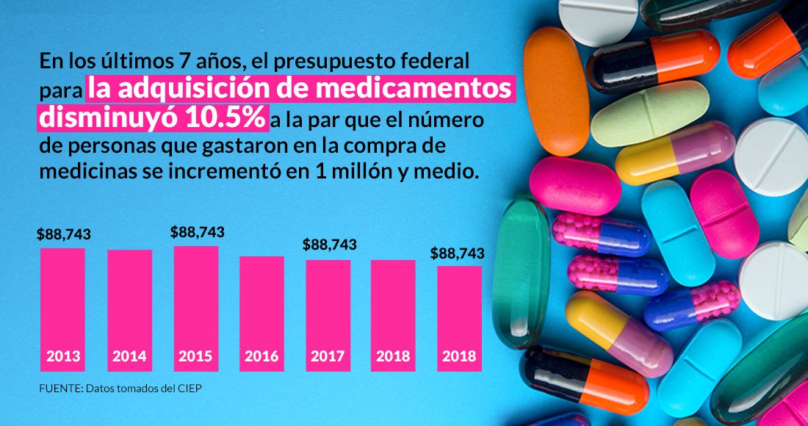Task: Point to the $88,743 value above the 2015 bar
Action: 198,232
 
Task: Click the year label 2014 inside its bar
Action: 129,357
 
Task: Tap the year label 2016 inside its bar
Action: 261,357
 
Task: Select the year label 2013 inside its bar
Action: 63,357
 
